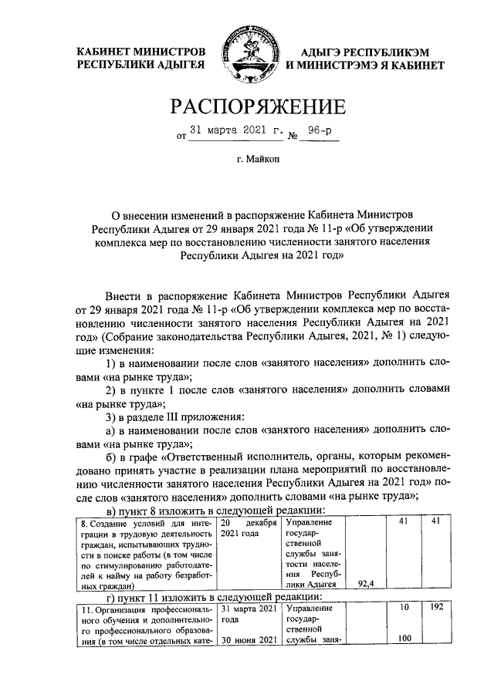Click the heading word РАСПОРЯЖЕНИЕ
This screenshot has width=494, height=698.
click(246, 106)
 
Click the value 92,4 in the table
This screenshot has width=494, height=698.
click(367, 584)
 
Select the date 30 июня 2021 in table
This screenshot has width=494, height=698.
click(248, 639)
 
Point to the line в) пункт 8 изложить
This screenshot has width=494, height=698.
click(214, 511)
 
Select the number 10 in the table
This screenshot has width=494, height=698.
click(403, 609)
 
